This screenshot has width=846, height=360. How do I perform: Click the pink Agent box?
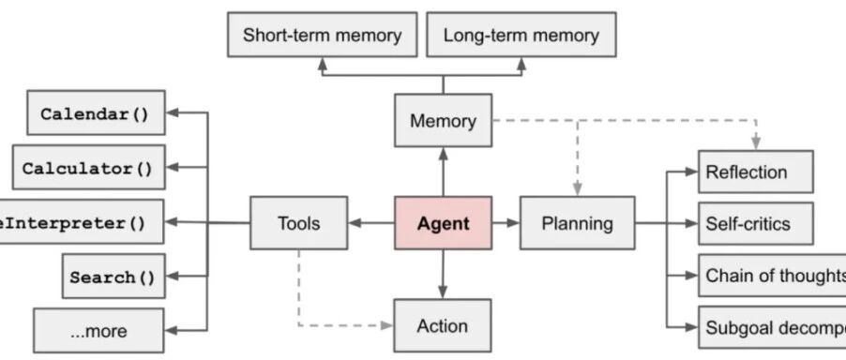443,223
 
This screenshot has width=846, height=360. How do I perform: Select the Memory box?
443,121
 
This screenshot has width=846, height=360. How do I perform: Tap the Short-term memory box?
322,36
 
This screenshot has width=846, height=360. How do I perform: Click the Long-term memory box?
521,36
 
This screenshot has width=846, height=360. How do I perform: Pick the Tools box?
298,223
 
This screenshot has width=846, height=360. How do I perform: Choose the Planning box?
578,223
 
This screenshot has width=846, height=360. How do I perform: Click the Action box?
443,325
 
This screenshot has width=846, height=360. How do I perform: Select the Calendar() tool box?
95,114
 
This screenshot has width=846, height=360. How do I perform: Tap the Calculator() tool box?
88,169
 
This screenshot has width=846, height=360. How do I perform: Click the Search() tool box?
113,277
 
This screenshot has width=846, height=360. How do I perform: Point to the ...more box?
98,330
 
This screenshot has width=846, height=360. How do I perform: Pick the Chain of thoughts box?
771,276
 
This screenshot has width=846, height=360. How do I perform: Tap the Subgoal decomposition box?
771,327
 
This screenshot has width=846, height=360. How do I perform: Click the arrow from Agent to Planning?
506,223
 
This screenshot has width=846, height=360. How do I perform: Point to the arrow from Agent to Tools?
370,223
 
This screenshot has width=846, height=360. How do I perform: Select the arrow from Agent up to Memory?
443,172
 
